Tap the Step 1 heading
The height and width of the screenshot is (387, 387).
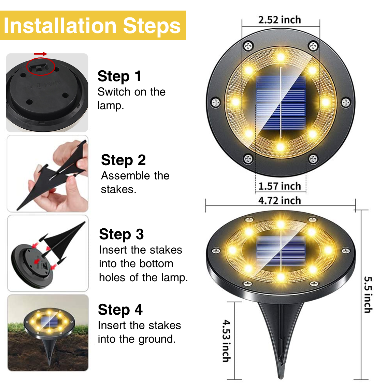pyautogui.click(x=119, y=76)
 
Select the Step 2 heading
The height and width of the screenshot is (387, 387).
pyautogui.click(x=123, y=160)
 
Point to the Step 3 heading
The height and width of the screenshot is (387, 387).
pyautogui.click(x=121, y=234)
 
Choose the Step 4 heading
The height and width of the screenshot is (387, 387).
pyautogui.click(x=120, y=310)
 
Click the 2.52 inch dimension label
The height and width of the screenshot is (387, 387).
pyautogui.click(x=279, y=20)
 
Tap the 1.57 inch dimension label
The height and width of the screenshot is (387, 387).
pyautogui.click(x=279, y=186)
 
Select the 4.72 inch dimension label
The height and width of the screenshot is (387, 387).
pyautogui.click(x=279, y=200)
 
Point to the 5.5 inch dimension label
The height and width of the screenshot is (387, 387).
pyautogui.click(x=368, y=295)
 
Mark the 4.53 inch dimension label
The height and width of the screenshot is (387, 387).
pyautogui.click(x=226, y=341)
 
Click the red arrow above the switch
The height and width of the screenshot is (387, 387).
pyautogui.click(x=41, y=54)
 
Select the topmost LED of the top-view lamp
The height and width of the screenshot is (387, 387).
pyautogui.click(x=281, y=58)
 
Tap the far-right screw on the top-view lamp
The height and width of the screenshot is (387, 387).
pyautogui.click(x=346, y=102)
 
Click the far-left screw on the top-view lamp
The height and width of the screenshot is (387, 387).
pyautogui.click(x=216, y=102)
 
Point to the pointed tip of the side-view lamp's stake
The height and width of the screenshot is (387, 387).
pyautogui.click(x=281, y=378)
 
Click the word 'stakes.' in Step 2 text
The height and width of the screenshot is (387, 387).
pyautogui.click(x=118, y=189)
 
